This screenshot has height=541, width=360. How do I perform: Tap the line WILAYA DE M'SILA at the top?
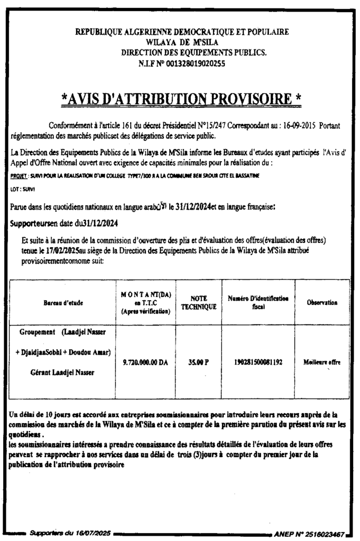point(182,42)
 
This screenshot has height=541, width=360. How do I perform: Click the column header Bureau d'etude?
point(63,303)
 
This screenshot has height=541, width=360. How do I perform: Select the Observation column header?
point(321,303)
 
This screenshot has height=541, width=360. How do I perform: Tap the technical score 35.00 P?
point(199,362)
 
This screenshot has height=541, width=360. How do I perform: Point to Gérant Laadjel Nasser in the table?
point(63,373)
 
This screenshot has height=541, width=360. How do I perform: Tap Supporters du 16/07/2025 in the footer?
point(70,534)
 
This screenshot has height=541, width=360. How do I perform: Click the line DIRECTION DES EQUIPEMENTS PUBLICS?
point(194,53)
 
